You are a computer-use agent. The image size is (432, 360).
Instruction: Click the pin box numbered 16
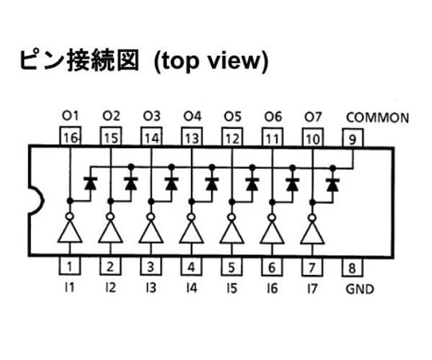click(70, 136)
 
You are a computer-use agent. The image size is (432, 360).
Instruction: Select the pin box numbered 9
click(353, 138)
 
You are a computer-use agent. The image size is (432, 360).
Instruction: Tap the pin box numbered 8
click(353, 267)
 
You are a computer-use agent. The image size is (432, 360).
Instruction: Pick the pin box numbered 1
click(70, 266)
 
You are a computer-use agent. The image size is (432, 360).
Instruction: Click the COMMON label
click(378, 118)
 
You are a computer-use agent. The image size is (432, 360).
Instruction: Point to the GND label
click(360, 290)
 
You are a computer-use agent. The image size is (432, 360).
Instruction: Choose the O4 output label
click(192, 116)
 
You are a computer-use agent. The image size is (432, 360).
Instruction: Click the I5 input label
click(232, 288)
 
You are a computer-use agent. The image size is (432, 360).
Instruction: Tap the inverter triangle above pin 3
click(150, 231)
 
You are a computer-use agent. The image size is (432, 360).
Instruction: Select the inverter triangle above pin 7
click(312, 233)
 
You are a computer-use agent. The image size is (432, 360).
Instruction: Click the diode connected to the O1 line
click(90, 183)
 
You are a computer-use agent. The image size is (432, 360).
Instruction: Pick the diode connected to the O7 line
click(333, 185)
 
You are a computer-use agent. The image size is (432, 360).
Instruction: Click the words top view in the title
click(211, 61)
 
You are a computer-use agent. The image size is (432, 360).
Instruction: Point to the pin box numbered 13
click(192, 137)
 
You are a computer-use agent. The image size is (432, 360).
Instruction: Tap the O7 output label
click(313, 117)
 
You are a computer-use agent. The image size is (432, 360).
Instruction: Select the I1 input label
click(70, 287)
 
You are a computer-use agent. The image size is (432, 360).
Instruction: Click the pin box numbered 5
click(232, 266)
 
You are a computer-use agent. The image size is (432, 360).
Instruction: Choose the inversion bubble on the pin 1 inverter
click(70, 216)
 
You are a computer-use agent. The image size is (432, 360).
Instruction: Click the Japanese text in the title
click(79, 60)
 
